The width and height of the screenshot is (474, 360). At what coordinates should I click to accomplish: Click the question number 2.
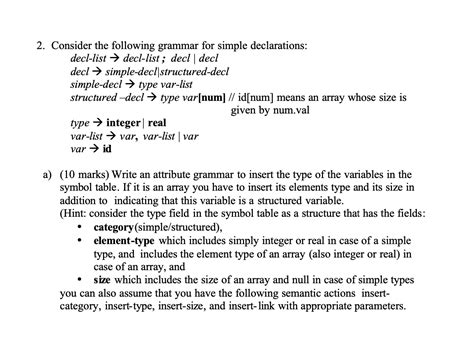click(38, 45)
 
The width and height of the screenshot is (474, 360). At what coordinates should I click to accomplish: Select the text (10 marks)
click(85, 173)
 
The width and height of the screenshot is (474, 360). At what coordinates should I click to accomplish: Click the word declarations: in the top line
click(276, 45)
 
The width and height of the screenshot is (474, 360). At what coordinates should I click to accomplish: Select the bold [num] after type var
click(211, 97)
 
